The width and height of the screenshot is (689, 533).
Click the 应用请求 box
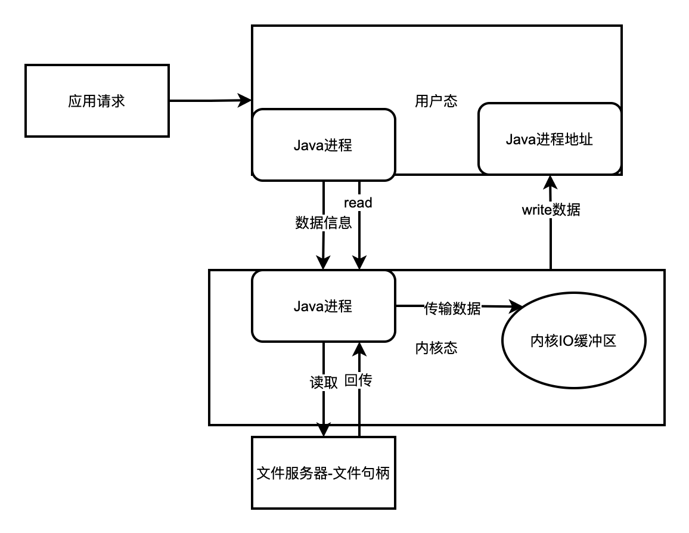97,101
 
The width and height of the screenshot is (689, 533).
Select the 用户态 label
436,101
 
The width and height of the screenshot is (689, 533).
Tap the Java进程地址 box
549,140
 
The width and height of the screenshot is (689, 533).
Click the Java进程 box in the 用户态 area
323,144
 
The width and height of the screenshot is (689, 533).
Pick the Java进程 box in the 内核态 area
323,306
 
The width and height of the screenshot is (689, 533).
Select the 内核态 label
436,348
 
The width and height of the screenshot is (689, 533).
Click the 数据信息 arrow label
323,223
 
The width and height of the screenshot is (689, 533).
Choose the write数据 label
550,210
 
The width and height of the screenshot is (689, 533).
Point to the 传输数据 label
452,308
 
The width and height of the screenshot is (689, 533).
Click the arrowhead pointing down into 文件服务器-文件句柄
323,430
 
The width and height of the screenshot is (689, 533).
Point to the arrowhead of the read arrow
359,263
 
